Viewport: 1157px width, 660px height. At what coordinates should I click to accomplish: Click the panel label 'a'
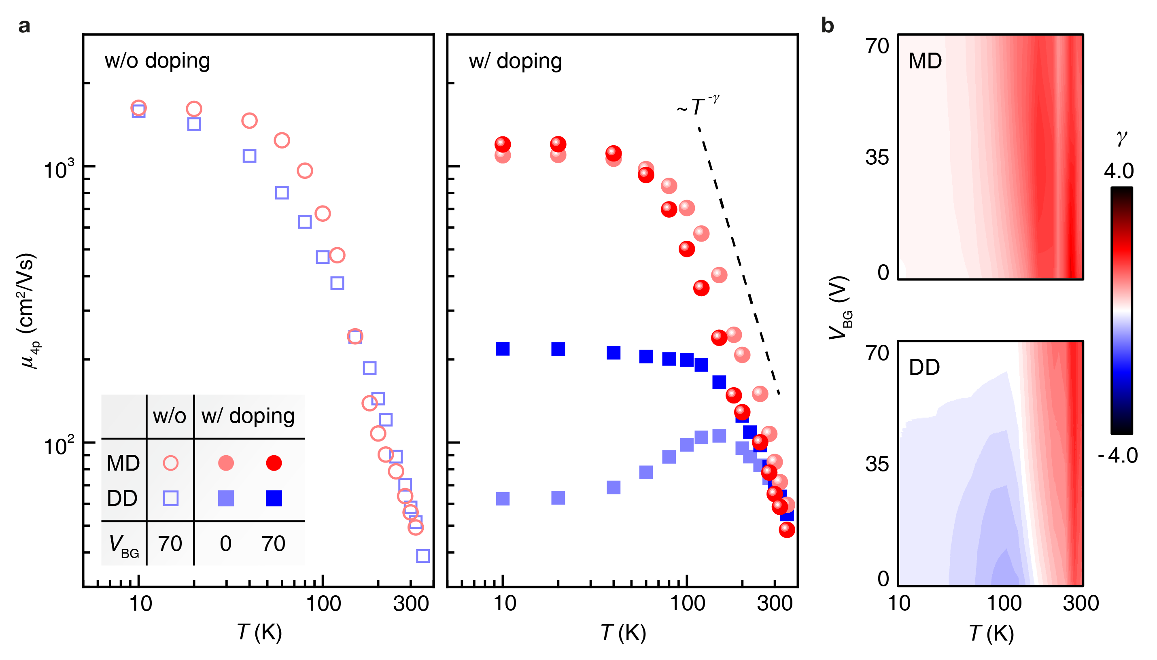(x=24, y=26)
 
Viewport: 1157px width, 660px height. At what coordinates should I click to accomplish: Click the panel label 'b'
(x=828, y=26)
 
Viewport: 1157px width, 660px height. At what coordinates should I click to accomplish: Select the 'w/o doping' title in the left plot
(x=157, y=61)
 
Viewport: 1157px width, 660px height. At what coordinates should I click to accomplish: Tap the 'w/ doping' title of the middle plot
(x=515, y=61)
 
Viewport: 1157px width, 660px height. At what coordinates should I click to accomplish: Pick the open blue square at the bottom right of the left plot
(x=422, y=556)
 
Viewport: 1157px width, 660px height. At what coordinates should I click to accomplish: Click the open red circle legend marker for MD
(x=170, y=463)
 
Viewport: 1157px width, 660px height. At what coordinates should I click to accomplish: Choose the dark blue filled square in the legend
(x=274, y=498)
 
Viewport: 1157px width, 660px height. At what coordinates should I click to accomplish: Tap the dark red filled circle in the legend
(x=274, y=463)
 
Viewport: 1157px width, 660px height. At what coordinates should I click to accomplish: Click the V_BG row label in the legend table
(x=123, y=544)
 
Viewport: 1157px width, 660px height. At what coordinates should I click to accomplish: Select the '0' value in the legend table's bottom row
(x=226, y=543)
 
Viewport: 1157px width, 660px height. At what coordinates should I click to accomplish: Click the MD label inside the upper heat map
(x=925, y=61)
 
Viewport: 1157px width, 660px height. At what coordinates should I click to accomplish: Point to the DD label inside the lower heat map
(x=924, y=367)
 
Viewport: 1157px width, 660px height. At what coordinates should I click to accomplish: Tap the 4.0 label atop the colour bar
(x=1119, y=171)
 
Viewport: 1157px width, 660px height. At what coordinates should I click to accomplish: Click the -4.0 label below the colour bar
(x=1118, y=455)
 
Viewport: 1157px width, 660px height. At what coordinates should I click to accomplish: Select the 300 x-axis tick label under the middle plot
(x=775, y=604)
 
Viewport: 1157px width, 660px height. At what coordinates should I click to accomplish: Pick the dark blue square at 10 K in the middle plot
(x=503, y=348)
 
